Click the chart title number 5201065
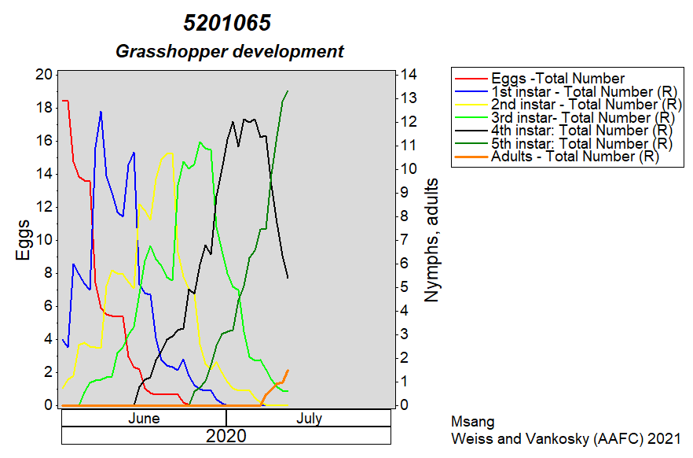point(227,23)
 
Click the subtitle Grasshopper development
point(229,51)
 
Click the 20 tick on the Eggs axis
point(44,74)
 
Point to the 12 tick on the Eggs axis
point(44,207)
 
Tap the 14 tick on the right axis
point(409,74)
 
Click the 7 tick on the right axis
point(404,240)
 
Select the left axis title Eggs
point(23,240)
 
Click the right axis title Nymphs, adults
point(431,240)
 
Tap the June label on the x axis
point(144,418)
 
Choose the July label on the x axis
point(309,418)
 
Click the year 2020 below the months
point(225,436)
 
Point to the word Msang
point(472,422)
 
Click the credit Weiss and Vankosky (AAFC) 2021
point(566,438)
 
